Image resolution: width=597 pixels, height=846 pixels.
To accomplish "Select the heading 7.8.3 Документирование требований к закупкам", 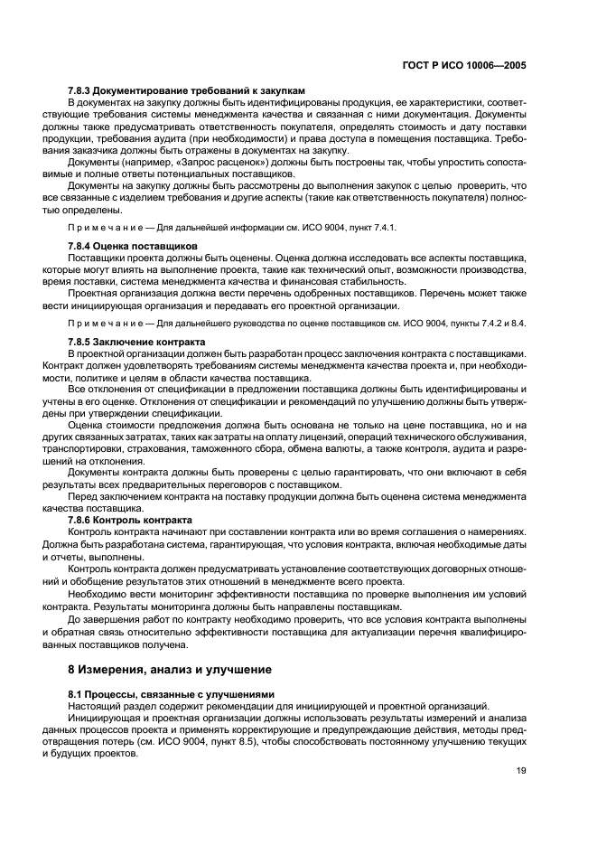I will (x=187, y=90).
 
